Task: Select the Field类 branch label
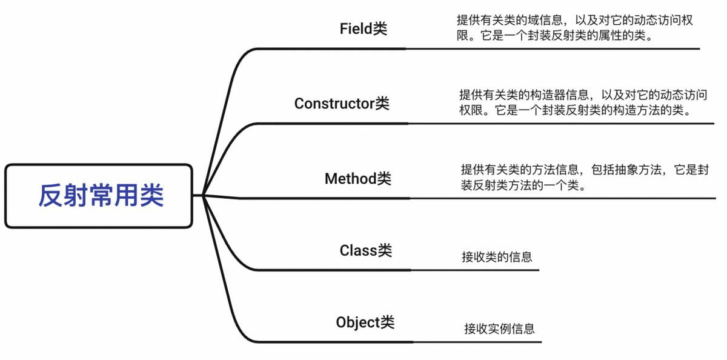[x=363, y=28]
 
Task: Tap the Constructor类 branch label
[x=342, y=104]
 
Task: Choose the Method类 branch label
[x=357, y=179]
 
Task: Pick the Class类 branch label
[x=365, y=250]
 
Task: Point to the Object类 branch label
[x=365, y=322]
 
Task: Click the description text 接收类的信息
[x=497, y=257]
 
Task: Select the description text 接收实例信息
[x=499, y=329]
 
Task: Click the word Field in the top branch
[x=356, y=28]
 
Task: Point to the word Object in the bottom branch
[x=358, y=322]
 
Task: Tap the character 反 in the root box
[x=50, y=196]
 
